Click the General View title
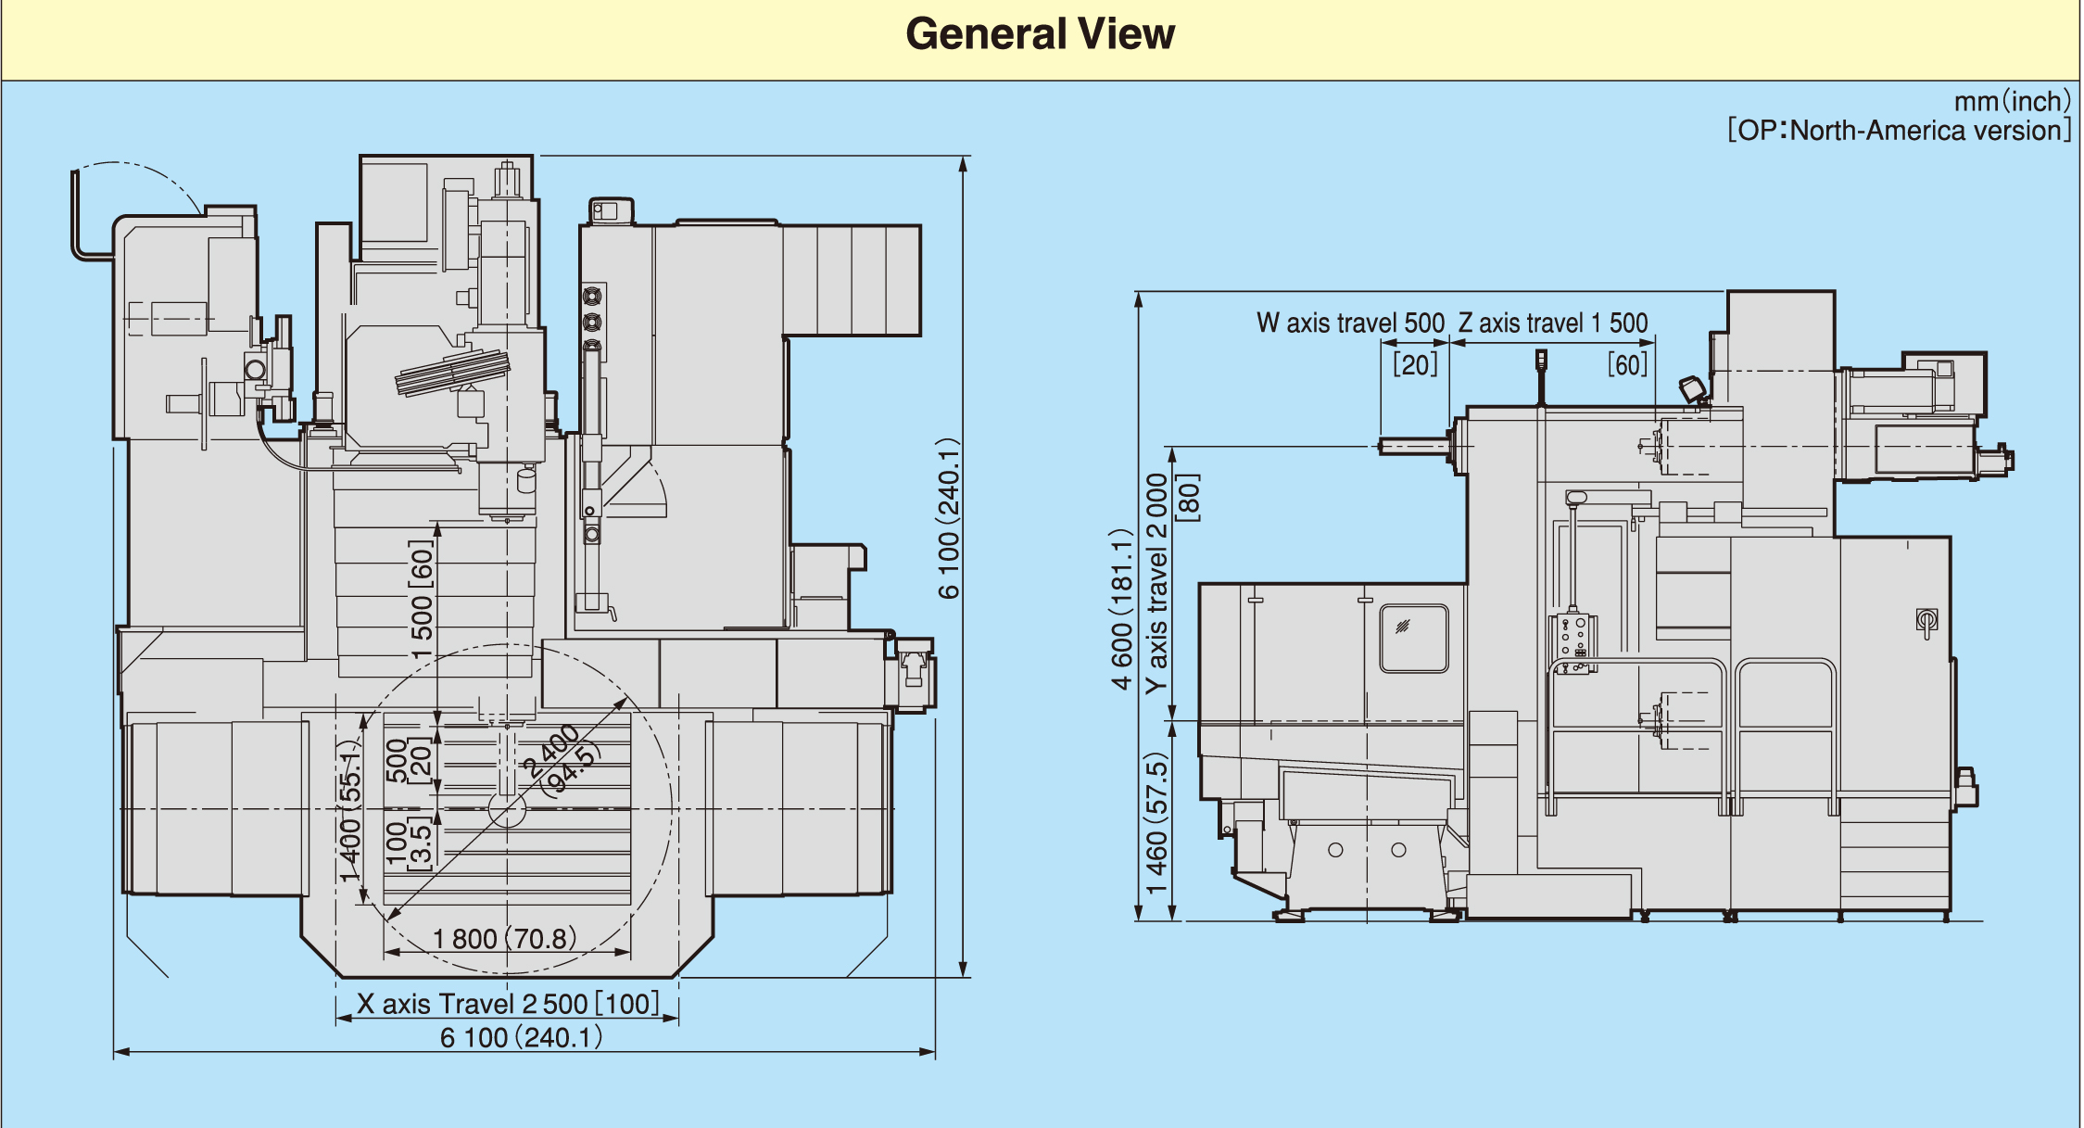tap(1040, 34)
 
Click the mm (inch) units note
tap(2012, 101)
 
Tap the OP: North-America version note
tap(1899, 130)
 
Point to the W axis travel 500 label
tap(1350, 323)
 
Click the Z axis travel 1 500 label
tap(1553, 323)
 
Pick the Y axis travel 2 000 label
tap(1156, 584)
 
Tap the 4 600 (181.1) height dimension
tap(1122, 610)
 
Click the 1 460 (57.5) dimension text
tap(1156, 823)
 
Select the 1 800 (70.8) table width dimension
tap(505, 939)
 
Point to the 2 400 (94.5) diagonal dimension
tap(560, 760)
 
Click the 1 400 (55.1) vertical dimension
tap(349, 812)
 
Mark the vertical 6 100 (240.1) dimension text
tap(948, 519)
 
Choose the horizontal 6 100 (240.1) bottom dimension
tap(522, 1037)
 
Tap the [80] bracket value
tap(1188, 498)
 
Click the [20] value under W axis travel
tap(1416, 364)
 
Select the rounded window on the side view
tap(1413, 639)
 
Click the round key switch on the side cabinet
tap(1927, 619)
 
